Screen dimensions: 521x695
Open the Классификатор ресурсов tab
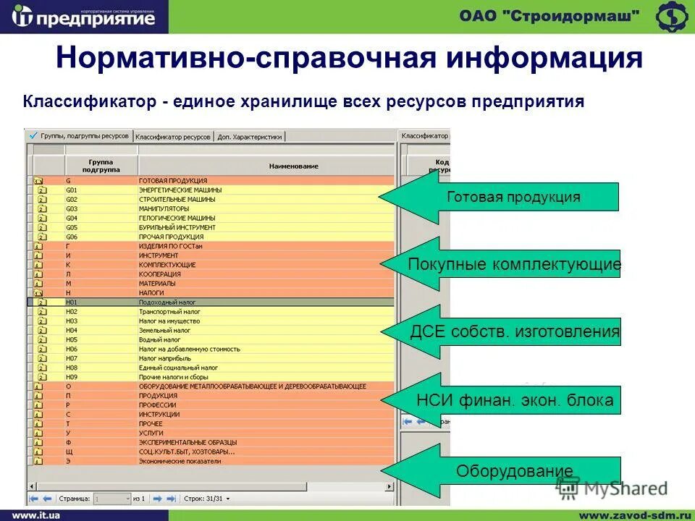(173, 136)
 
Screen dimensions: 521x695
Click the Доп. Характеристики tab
(250, 136)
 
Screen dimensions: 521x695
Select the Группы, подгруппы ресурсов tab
(79, 135)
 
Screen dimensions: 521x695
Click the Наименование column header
(293, 166)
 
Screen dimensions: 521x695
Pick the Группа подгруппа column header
(101, 166)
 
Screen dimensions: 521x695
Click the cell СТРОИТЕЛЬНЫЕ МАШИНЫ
(174, 199)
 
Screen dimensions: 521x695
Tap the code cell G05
(72, 227)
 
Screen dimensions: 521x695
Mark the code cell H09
(72, 377)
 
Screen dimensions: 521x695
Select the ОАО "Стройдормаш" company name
(549, 16)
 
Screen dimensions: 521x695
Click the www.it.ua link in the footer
(35, 514)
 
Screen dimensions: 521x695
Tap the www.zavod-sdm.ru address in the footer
(630, 514)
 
